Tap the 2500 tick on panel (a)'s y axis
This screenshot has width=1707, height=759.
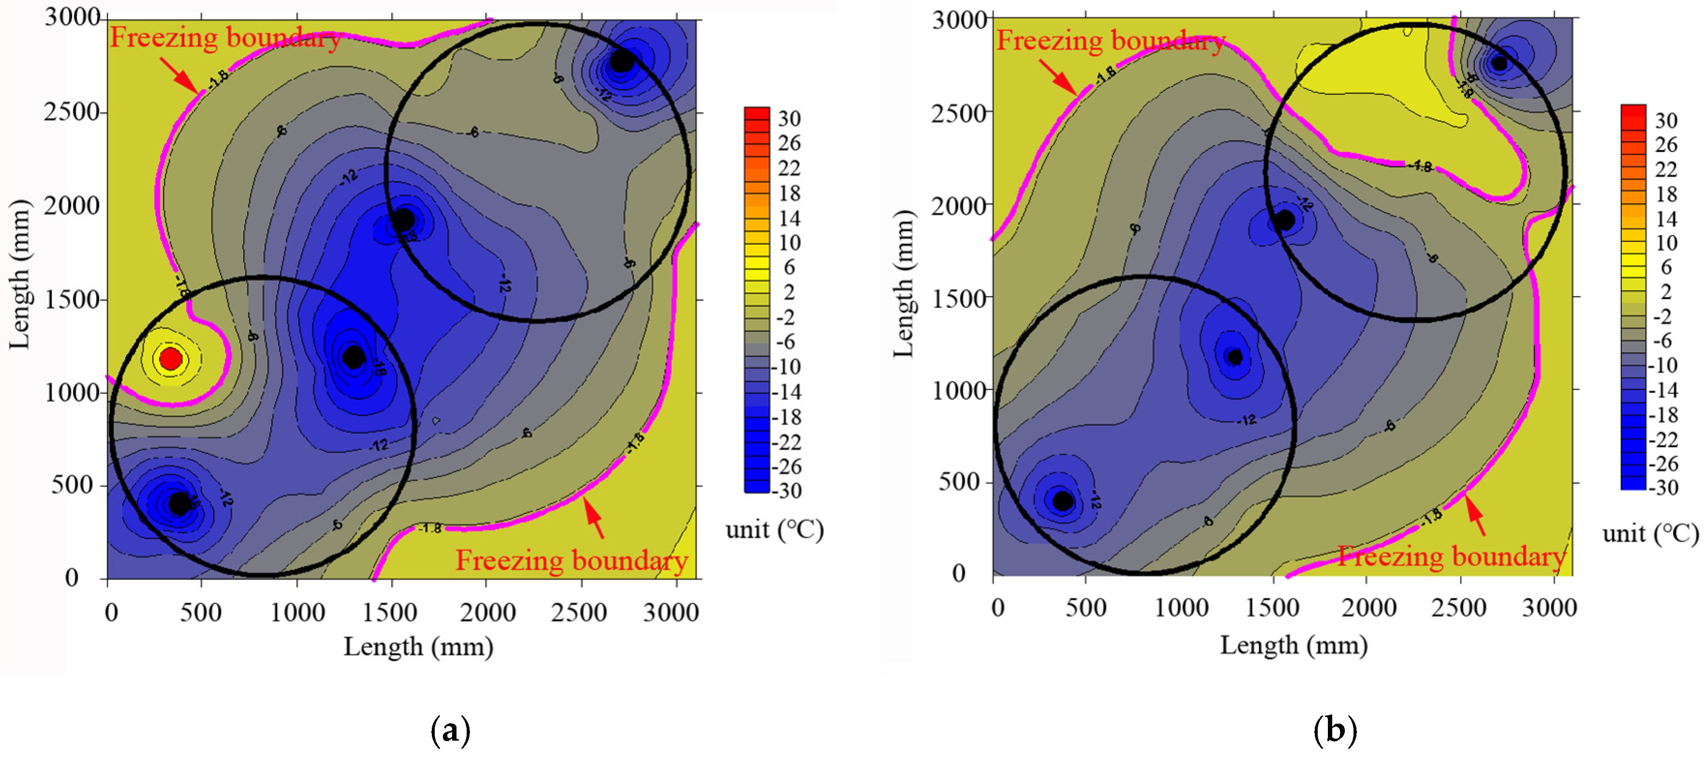pyautogui.click(x=71, y=112)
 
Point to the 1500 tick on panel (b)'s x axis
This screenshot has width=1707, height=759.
pyautogui.click(x=1272, y=607)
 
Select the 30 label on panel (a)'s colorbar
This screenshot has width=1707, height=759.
pyautogui.click(x=789, y=119)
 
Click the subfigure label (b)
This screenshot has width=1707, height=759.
pyautogui.click(x=1335, y=730)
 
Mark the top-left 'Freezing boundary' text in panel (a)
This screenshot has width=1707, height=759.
pyautogui.click(x=225, y=38)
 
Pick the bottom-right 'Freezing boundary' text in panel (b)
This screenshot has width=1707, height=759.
pyautogui.click(x=1451, y=556)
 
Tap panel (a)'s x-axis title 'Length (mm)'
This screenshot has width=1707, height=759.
pyautogui.click(x=418, y=646)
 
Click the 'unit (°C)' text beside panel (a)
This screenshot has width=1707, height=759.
pyautogui.click(x=774, y=530)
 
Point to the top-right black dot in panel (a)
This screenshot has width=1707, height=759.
pyautogui.click(x=621, y=61)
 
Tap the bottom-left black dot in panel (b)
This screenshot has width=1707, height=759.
pyautogui.click(x=1062, y=501)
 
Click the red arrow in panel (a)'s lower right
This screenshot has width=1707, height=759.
pyautogui.click(x=594, y=518)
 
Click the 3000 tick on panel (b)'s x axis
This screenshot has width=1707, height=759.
pyautogui.click(x=1548, y=607)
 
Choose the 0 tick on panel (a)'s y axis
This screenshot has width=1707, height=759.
pyautogui.click(x=72, y=578)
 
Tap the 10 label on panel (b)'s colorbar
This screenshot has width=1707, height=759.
pyautogui.click(x=1666, y=243)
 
